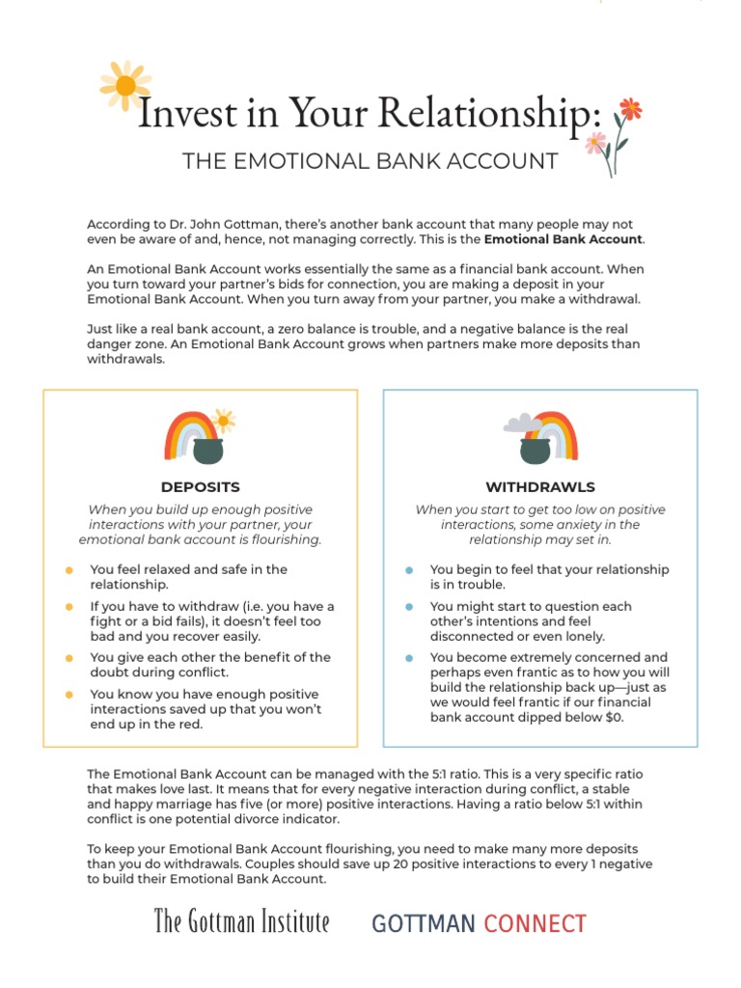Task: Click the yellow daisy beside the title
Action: click(125, 86)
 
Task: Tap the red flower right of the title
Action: click(630, 108)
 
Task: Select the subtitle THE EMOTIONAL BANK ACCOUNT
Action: click(370, 160)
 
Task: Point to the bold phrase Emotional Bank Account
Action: click(563, 239)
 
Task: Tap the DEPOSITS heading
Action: click(201, 487)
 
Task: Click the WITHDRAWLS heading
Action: click(540, 487)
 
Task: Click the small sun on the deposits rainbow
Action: click(224, 421)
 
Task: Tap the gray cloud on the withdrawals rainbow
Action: click(522, 423)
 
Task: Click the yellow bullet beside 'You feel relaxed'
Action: click(69, 570)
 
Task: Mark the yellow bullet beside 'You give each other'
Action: click(69, 658)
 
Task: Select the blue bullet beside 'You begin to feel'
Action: click(409, 570)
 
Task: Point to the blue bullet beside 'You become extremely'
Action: click(409, 658)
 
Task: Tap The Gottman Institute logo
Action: click(241, 922)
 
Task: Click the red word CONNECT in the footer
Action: click(535, 923)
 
